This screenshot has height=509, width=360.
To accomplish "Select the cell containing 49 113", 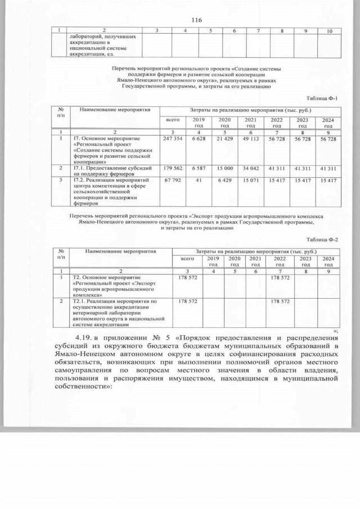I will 250,138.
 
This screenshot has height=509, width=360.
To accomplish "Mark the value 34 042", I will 250,168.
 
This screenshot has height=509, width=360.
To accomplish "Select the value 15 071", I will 250,181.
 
